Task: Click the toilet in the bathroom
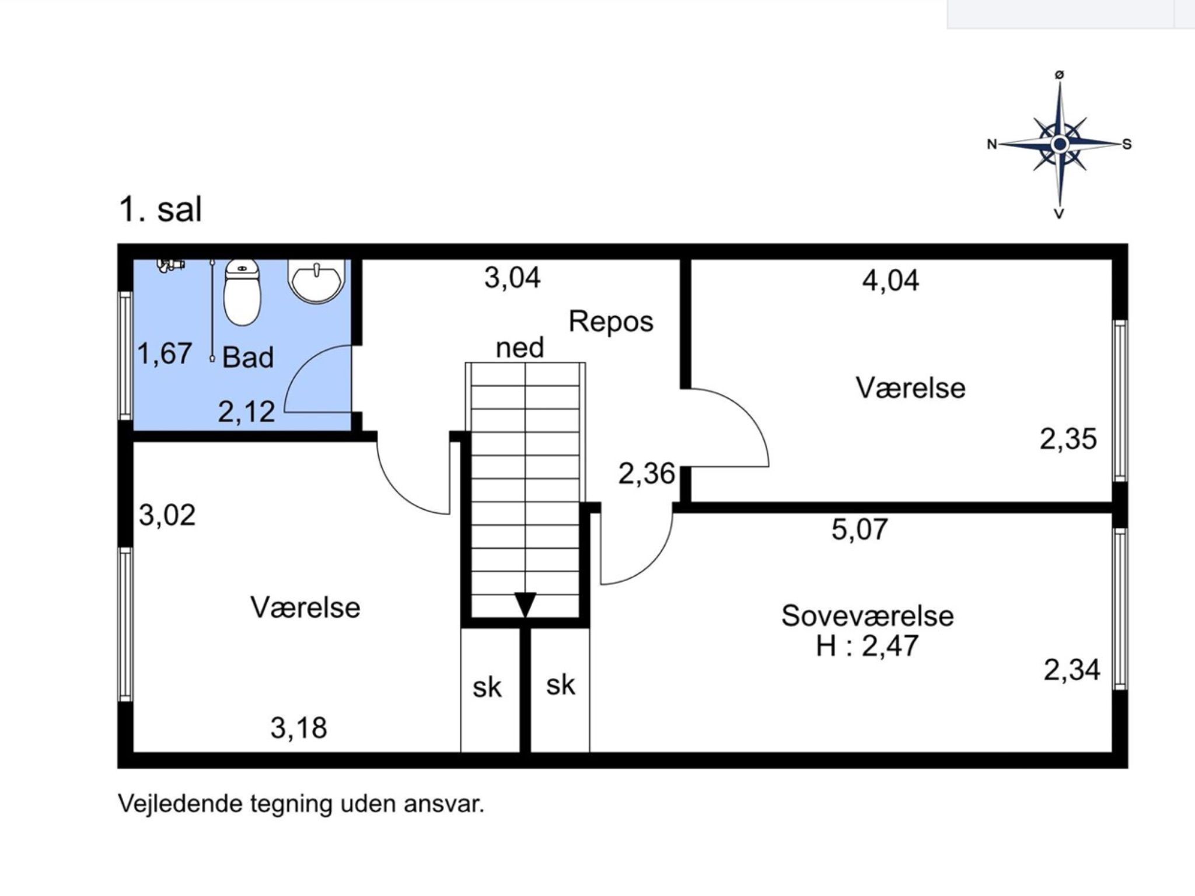(x=242, y=292)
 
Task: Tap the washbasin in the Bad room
(x=317, y=282)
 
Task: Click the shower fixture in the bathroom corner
(x=170, y=265)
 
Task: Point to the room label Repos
(x=611, y=322)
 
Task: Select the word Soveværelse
(x=867, y=616)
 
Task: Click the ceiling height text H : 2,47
(x=867, y=646)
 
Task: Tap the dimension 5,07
(x=859, y=529)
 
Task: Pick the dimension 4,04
(x=890, y=280)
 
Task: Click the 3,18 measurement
(x=299, y=728)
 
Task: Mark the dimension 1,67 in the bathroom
(x=165, y=353)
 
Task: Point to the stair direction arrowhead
(x=525, y=604)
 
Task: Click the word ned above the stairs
(x=519, y=348)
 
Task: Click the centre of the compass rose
(x=1059, y=143)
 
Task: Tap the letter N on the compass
(x=991, y=144)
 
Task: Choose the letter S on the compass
(x=1127, y=144)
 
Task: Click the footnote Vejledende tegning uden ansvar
(x=301, y=804)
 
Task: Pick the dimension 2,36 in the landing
(x=647, y=474)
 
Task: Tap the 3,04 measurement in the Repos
(x=512, y=278)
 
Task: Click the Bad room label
(x=248, y=357)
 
